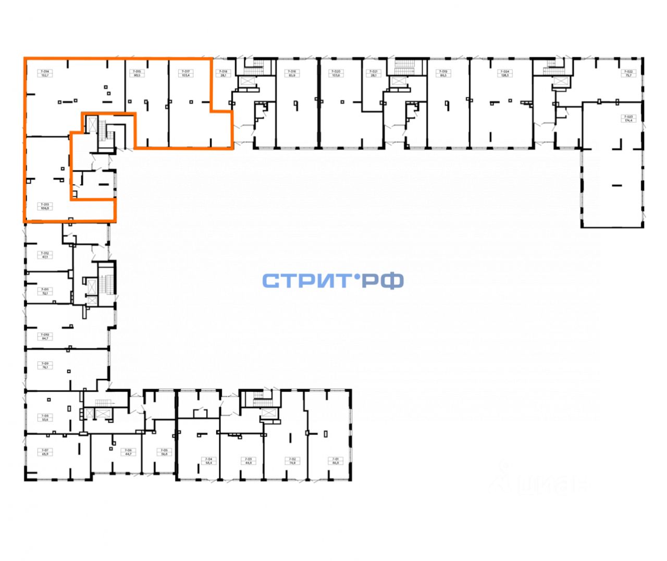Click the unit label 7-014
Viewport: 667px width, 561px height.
coord(45,73)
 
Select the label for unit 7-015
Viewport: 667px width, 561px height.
coord(137,73)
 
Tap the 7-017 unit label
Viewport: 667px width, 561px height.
coord(186,73)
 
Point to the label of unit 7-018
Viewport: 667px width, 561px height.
coord(223,73)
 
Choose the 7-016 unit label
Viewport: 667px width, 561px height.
coord(292,73)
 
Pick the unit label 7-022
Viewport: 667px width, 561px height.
coord(629,73)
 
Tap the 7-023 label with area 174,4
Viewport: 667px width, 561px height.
coord(629,118)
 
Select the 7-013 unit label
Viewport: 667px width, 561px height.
coord(45,206)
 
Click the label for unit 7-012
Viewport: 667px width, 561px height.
coord(45,255)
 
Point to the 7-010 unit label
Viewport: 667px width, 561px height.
coord(45,336)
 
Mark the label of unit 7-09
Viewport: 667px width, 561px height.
coord(45,365)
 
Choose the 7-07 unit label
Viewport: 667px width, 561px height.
coord(45,452)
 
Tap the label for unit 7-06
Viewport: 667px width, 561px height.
coord(128,452)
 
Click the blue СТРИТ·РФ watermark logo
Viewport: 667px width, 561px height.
coord(332,281)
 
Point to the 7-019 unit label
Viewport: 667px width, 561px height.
coord(443,73)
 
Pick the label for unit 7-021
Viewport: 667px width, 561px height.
coord(373,73)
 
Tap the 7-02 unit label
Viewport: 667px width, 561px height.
coord(292,460)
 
